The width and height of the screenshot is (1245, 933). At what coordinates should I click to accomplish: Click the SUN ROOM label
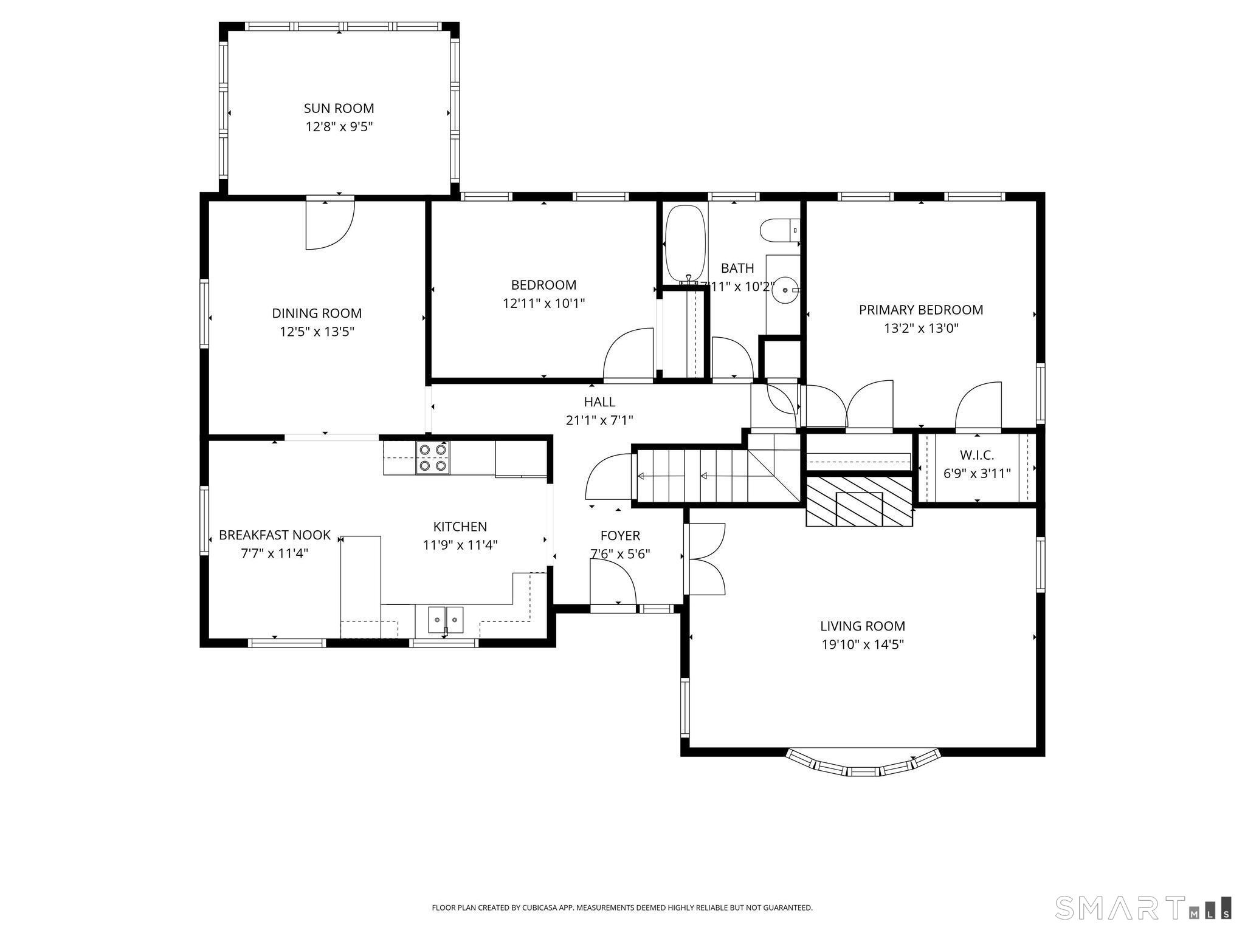tap(339, 108)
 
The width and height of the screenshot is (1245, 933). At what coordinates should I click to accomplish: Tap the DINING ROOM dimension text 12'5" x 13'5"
tap(317, 332)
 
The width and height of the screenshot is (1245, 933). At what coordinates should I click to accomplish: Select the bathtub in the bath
tap(685, 244)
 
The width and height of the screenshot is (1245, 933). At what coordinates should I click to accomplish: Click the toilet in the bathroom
tap(780, 230)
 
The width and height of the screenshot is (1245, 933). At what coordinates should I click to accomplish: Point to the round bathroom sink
tap(785, 290)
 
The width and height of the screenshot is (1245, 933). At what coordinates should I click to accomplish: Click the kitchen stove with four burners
tap(433, 457)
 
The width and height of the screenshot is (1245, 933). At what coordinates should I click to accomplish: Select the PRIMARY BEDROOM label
tap(921, 310)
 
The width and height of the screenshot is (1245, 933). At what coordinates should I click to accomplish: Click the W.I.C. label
tap(977, 455)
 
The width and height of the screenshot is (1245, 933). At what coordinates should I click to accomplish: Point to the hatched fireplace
tap(859, 501)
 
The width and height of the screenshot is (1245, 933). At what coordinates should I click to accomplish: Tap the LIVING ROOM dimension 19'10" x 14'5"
tap(863, 644)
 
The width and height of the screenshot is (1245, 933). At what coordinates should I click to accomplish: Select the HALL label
tap(599, 402)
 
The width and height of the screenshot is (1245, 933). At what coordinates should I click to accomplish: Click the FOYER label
tap(620, 535)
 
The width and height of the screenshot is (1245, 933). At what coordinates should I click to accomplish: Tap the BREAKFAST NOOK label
tap(275, 535)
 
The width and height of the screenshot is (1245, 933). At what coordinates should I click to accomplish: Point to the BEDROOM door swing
tap(628, 354)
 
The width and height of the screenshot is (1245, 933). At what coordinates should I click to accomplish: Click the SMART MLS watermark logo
tap(1143, 907)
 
